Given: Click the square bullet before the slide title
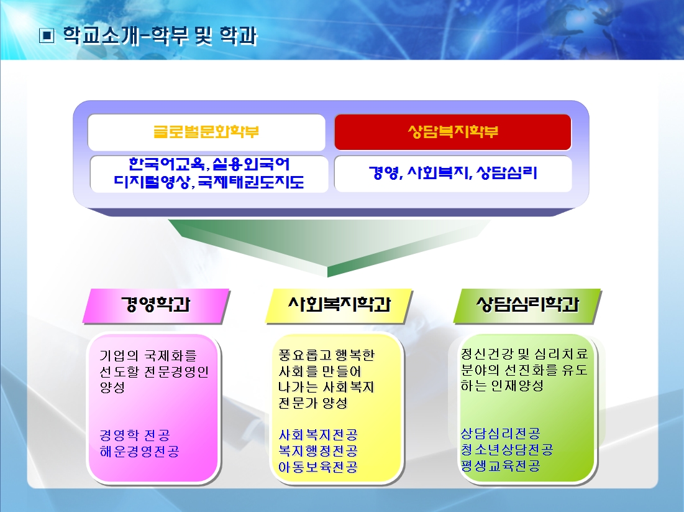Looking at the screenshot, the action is pos(47,35).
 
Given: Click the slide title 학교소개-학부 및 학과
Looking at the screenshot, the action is pos(160,35).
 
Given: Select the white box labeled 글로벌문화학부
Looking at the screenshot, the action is pos(206,133).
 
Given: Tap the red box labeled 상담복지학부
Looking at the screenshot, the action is pos(453,132).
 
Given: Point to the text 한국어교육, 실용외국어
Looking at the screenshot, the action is pos(209,164).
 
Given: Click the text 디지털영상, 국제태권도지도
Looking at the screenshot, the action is pos(209,182).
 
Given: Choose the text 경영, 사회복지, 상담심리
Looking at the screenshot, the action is pos(453,173).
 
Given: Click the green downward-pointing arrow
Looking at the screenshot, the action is pos(328,247).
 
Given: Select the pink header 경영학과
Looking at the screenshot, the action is pos(156,306).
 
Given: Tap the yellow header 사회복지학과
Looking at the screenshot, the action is pos(339,306).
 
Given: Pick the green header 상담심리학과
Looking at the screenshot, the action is pos(527,306).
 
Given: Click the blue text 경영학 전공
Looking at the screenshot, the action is pos(135,435).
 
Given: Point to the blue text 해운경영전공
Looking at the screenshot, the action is pos(140,451).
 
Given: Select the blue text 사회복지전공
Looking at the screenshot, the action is pos(318,435).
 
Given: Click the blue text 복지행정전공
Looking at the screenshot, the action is pos(318,450).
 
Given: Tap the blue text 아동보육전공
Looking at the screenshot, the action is pos(318,467).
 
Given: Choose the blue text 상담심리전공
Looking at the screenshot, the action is pos(500,434).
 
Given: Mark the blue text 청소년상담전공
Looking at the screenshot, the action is pos(507,449).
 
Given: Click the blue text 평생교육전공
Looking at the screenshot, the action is pos(500,465).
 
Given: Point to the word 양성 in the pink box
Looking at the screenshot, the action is pos(112,387).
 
